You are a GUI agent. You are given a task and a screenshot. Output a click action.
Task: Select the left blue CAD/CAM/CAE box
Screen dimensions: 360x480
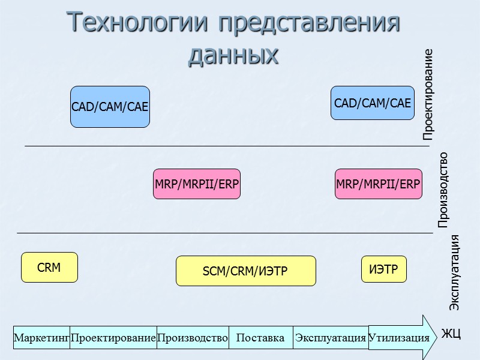tap(110, 107)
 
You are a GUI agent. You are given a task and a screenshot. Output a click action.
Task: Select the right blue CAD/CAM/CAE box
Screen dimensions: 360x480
tap(373, 103)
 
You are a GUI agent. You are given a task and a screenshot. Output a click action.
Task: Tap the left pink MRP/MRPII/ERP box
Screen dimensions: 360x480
tap(197, 184)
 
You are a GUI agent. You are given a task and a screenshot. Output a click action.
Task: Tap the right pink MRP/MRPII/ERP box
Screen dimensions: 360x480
tap(378, 184)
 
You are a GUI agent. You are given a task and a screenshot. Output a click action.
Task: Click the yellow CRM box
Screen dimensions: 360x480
tap(49, 268)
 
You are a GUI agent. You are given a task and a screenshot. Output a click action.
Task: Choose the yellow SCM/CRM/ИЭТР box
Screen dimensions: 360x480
tap(245, 271)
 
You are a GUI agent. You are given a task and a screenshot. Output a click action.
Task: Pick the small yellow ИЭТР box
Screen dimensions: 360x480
tap(383, 269)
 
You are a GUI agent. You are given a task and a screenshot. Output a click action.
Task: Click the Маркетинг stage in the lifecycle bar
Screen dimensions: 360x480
tap(41, 338)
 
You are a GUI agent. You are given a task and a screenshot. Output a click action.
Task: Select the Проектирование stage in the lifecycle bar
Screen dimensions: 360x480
tap(113, 338)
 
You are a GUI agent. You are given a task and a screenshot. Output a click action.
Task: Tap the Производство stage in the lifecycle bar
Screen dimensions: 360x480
tap(193, 338)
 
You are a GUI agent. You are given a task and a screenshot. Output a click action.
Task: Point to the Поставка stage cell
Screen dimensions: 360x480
tap(260, 338)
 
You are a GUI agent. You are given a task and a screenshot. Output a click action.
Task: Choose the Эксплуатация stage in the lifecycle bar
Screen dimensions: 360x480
tap(330, 338)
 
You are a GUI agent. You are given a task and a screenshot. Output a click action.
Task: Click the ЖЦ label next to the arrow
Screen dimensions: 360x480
tap(451, 334)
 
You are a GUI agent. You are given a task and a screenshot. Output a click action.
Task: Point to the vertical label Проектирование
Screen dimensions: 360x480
tap(427, 95)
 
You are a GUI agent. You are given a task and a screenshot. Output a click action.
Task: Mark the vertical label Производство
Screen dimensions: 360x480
tap(443, 190)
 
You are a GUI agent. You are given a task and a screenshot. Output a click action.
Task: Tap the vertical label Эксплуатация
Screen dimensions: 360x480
tap(455, 273)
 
